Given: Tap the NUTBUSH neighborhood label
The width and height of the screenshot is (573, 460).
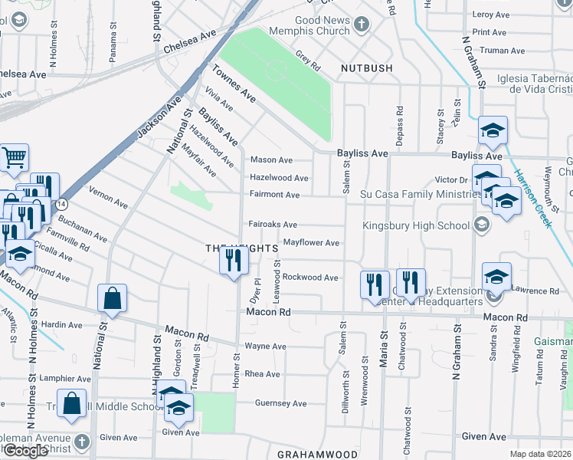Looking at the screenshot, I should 367,68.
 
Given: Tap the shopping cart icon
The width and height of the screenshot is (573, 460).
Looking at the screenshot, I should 14,159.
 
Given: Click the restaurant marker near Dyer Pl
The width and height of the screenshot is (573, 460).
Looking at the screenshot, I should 234,261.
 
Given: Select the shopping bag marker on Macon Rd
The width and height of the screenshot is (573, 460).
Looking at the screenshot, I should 113,299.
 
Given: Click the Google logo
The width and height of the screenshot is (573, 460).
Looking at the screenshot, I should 25,451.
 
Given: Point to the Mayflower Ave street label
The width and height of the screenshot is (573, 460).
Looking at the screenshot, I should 311,243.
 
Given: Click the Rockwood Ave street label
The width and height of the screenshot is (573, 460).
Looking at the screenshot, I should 310,277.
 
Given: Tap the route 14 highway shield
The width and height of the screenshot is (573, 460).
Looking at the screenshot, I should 62,204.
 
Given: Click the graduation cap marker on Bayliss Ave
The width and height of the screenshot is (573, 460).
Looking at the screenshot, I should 493,131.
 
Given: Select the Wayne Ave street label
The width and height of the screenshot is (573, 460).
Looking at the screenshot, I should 265,347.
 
